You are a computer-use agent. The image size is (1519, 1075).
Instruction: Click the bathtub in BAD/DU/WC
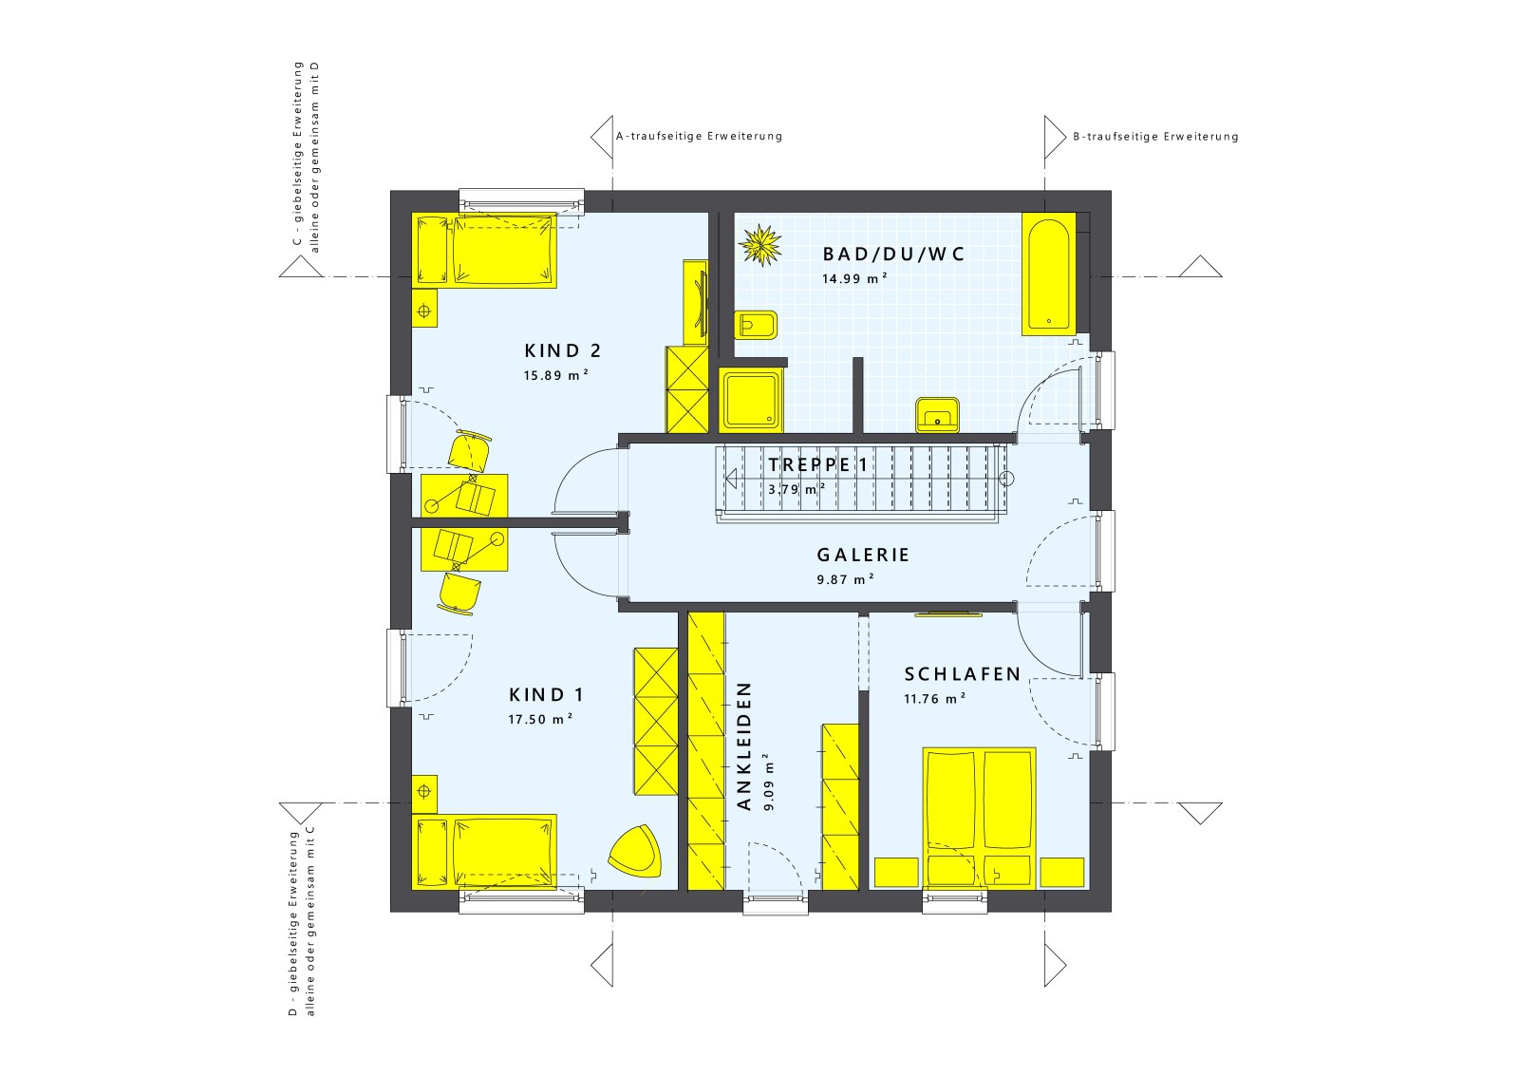pos(1048,273)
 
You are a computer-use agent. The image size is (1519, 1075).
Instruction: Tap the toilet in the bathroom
pos(757,326)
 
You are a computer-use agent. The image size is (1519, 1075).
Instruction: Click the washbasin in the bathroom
pos(937,414)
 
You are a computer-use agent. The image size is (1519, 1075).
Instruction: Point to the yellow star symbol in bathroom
pos(760,244)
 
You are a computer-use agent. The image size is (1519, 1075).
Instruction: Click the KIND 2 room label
pos(563,350)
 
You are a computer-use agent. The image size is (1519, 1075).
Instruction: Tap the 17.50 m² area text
pos(539,720)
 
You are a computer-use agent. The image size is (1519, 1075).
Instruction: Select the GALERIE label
pos(863,555)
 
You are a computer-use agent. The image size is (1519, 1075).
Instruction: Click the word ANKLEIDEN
pos(744,745)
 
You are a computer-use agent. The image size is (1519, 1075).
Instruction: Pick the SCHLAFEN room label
pos(962,674)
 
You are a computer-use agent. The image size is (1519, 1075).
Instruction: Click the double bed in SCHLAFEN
pos(979,817)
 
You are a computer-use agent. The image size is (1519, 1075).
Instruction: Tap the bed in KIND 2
pos(485,250)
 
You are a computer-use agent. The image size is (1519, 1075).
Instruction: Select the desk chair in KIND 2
pos(470,450)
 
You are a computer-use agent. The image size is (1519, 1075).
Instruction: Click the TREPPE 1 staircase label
pos(817,464)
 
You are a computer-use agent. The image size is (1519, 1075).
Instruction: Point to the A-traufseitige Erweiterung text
pos(699,136)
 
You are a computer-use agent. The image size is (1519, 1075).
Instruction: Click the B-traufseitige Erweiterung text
pos(1155,137)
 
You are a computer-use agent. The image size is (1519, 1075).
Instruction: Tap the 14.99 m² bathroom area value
pos(854,279)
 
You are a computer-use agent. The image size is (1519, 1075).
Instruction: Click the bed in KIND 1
pos(485,851)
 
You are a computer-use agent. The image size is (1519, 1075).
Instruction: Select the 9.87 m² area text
pos(845,579)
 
